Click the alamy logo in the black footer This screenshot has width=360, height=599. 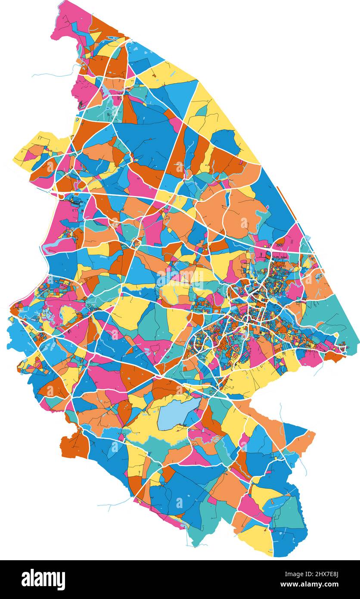(x=43, y=579)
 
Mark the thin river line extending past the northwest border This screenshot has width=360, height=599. (x=52, y=75)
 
